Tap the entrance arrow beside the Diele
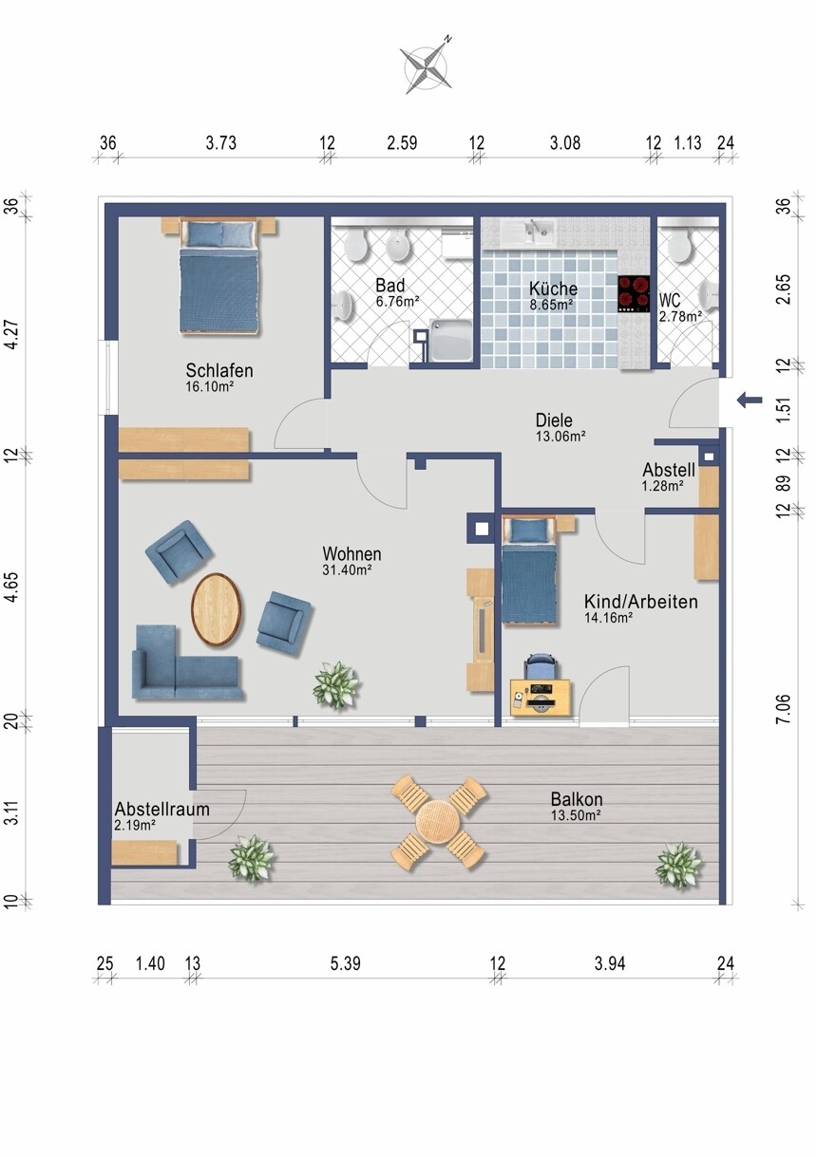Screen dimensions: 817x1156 [750, 400]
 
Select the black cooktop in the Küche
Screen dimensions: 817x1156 [634, 293]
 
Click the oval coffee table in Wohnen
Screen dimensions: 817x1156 [216, 609]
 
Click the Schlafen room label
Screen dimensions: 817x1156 [219, 370]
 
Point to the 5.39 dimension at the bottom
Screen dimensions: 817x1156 [346, 963]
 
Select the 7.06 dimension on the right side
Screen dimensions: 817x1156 [783, 709]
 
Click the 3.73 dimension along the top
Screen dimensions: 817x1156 [221, 143]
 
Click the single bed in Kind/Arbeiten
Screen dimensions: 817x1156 [530, 570]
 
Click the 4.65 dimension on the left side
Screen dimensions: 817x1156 [11, 587]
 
